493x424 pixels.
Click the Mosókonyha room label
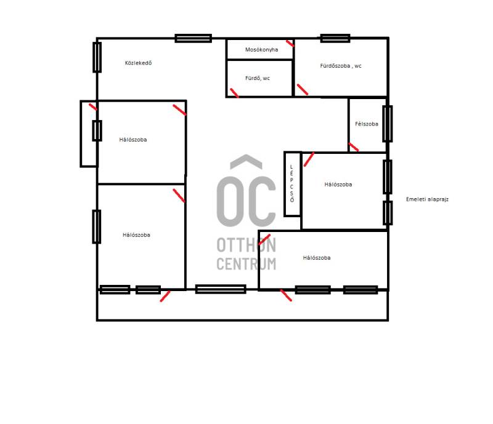point(261,50)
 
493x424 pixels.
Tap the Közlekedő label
point(138,63)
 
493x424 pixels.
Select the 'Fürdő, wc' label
point(258,78)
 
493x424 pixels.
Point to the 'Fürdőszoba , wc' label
point(341,66)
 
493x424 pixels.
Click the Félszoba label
point(367,124)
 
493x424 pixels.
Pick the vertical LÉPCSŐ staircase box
point(292,184)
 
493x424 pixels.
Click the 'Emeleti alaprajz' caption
point(427,199)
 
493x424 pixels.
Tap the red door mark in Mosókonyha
point(290,43)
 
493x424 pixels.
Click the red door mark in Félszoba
point(353,146)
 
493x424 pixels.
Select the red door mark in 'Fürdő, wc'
point(234,93)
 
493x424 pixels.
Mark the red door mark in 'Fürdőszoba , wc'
point(303,89)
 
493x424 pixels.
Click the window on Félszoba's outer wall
point(388,124)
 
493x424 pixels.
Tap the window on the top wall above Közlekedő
point(194,38)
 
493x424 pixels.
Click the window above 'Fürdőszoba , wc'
point(335,38)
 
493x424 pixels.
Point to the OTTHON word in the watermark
point(246,245)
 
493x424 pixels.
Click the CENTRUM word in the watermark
point(246,264)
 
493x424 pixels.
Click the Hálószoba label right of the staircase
point(338,185)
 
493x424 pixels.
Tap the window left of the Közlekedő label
point(97,57)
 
